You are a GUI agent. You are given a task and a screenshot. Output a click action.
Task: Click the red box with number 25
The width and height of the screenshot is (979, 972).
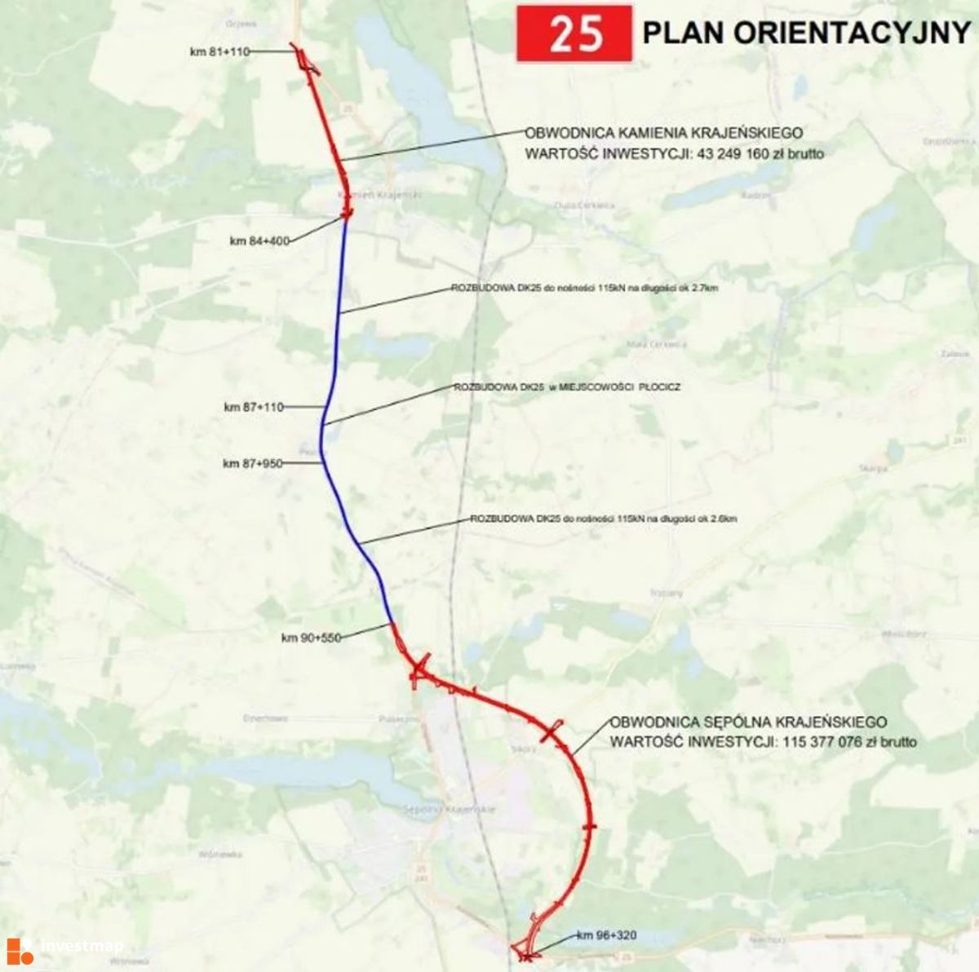[574, 34]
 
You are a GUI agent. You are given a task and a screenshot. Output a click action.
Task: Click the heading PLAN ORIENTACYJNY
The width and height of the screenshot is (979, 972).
[806, 33]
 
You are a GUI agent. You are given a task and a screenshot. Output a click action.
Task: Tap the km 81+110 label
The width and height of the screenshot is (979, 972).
[219, 51]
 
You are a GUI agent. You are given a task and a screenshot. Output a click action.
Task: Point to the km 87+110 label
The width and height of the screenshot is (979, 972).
[253, 406]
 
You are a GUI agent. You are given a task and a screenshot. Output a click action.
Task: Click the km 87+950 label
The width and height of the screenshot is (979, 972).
[253, 463]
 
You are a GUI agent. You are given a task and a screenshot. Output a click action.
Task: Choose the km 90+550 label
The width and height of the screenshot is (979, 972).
[310, 638]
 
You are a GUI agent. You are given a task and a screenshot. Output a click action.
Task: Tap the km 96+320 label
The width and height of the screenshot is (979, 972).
[606, 935]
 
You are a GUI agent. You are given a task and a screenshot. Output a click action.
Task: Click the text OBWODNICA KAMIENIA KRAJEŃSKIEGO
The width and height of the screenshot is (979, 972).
[664, 133]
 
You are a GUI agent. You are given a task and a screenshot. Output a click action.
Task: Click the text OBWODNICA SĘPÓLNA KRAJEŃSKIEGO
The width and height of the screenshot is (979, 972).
[748, 722]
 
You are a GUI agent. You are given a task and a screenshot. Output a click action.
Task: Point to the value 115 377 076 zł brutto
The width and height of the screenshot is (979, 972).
[848, 742]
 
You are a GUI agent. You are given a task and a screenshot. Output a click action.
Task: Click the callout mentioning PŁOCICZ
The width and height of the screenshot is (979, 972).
[567, 387]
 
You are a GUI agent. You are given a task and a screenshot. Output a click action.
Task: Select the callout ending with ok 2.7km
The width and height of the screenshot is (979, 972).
[584, 288]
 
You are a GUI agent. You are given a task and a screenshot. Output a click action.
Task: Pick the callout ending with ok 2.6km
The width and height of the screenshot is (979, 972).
[604, 519]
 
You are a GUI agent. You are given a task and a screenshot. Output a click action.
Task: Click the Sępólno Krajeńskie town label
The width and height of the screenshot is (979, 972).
[450, 809]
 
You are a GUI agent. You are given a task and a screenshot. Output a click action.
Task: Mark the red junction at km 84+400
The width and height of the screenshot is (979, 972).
[347, 214]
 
